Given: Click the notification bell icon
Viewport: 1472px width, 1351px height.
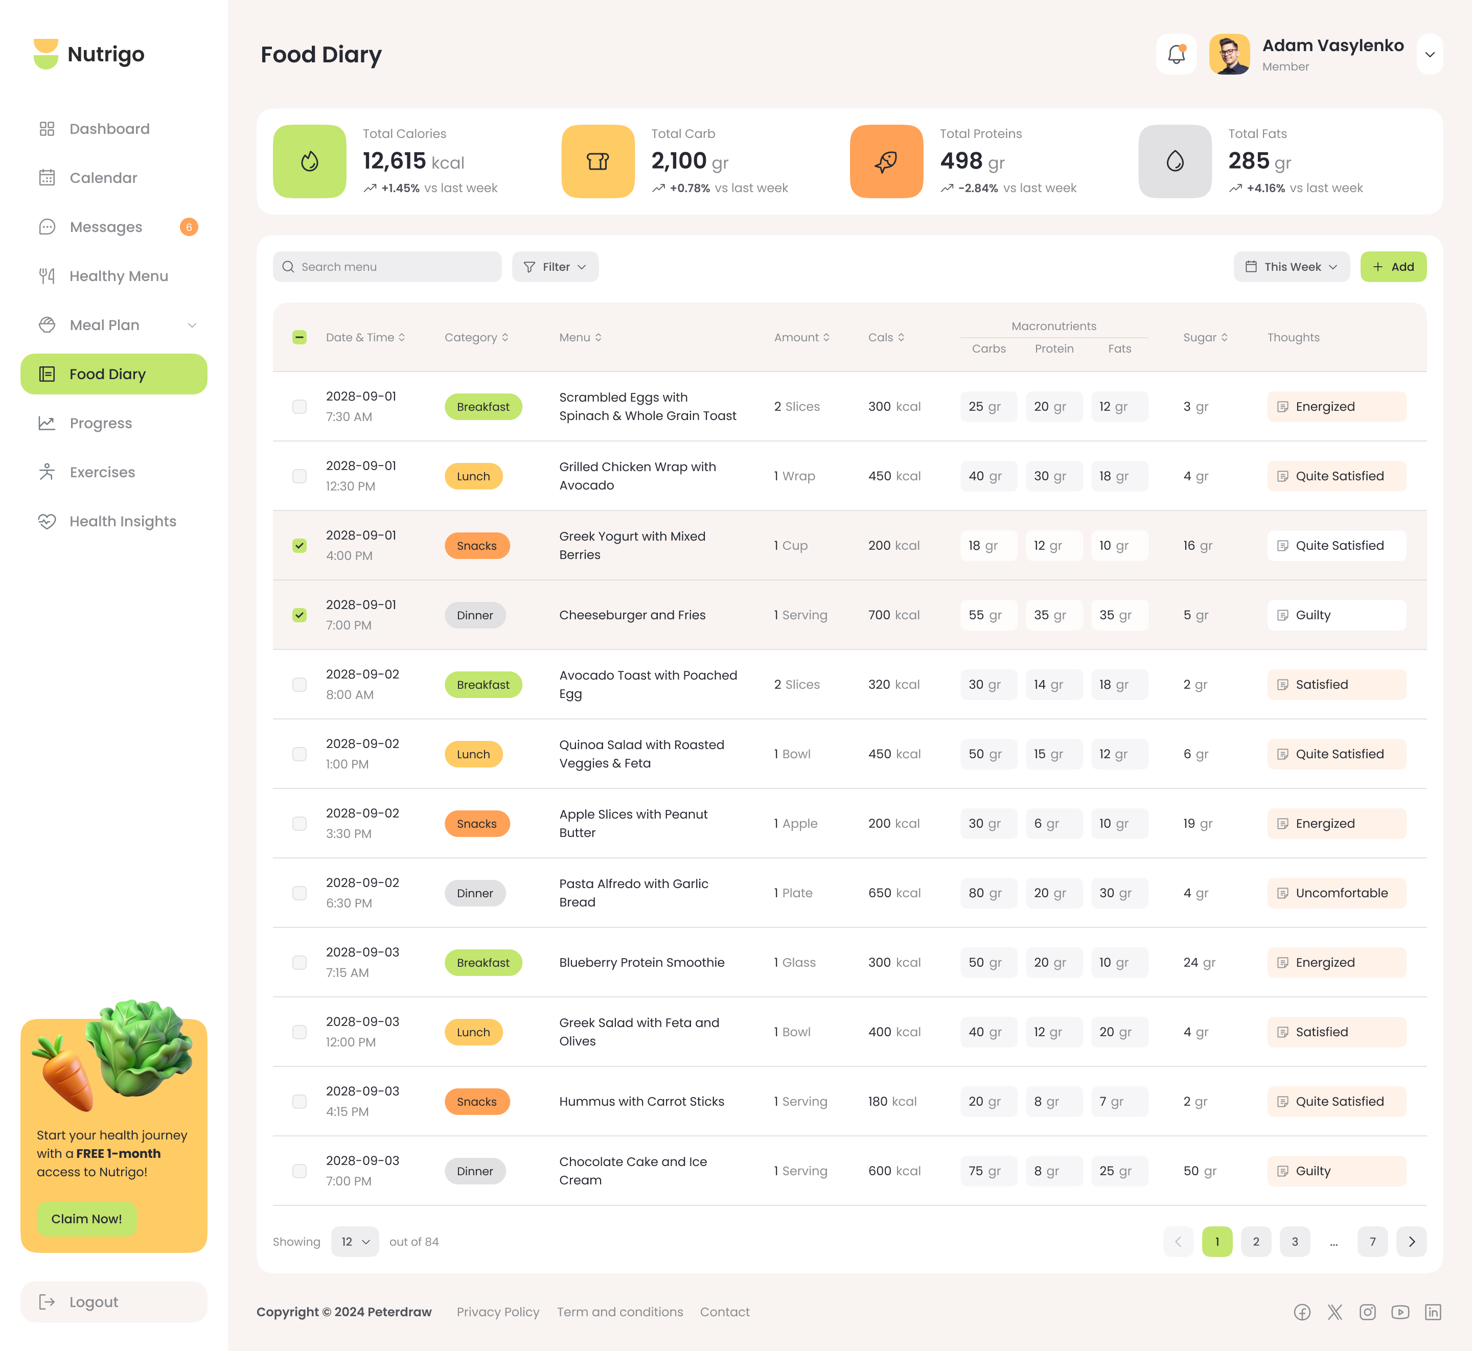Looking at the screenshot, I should pos(1176,54).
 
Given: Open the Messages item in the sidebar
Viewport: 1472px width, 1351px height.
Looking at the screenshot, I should pos(106,227).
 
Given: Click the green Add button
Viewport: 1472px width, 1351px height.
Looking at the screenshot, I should pos(1392,267).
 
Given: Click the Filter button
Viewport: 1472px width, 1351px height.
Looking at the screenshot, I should pos(555,267).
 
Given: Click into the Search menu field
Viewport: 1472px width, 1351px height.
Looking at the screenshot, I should pos(387,267).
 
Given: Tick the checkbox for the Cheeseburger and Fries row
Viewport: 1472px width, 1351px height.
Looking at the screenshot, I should pos(299,615).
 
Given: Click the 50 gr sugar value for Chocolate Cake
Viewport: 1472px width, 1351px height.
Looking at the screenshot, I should pos(1199,1171).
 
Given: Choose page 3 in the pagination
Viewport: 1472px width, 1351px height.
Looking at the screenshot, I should pos(1294,1241).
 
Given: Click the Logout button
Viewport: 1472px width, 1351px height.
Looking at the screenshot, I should pos(113,1301).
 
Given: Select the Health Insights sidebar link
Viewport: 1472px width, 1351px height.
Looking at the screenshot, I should pos(122,521).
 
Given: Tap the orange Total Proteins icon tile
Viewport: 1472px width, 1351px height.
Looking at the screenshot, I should pos(886,161).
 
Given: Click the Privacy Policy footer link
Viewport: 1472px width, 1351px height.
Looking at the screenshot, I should pos(498,1312).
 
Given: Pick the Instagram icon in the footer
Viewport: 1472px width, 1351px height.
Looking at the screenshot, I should pos(1367,1312).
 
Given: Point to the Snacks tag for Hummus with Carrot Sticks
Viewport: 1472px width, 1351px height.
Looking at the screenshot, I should pos(477,1101).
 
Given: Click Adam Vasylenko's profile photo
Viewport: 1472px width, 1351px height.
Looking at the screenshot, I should pos(1229,54).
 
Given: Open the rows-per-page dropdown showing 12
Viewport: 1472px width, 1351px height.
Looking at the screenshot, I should pos(355,1241).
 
